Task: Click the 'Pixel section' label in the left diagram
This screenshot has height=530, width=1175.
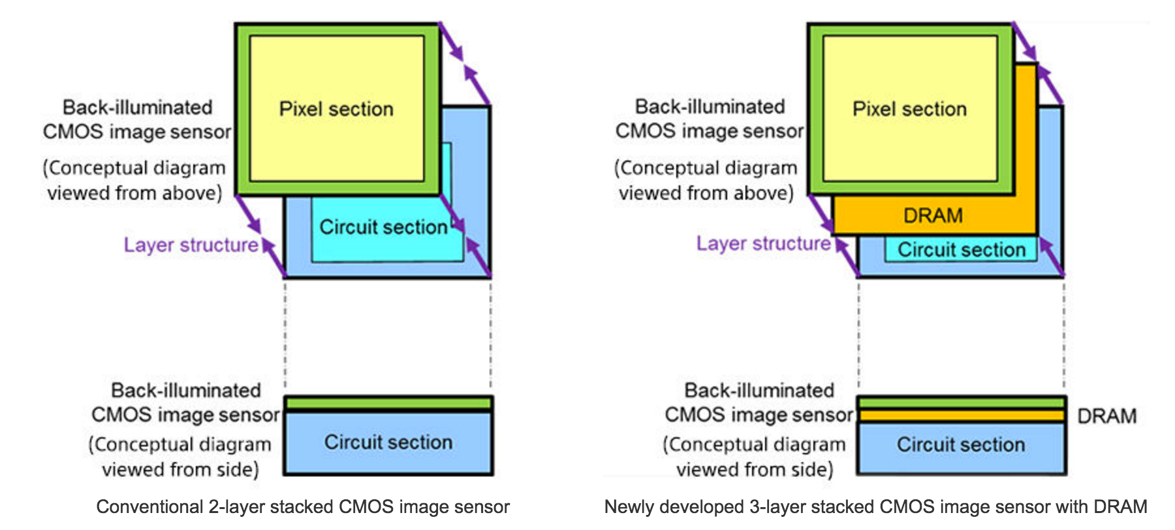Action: point(336,109)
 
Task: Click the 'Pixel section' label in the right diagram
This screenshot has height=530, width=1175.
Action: point(909,109)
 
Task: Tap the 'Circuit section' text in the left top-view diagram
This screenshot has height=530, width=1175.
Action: point(383,227)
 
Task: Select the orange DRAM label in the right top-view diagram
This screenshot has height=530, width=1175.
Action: point(933,215)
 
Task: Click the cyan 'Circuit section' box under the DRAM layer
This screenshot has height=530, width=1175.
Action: point(961,250)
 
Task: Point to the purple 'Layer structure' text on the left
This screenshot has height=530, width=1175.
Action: point(191,245)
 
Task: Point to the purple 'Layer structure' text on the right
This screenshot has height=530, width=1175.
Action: point(763,243)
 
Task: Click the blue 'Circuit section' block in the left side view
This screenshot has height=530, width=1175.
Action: point(388,443)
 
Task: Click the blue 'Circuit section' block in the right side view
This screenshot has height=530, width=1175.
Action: point(960,445)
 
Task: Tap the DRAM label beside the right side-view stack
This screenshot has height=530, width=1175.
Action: point(1106,416)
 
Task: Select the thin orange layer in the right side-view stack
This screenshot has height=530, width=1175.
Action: point(961,416)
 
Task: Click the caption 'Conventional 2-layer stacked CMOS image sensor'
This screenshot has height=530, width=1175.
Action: point(303,507)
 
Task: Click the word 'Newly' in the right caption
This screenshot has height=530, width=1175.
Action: point(629,507)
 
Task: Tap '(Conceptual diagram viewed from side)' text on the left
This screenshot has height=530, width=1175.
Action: point(180,457)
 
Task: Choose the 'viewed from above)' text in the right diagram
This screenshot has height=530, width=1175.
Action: point(706,193)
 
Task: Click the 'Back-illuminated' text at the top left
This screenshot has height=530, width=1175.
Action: point(137,107)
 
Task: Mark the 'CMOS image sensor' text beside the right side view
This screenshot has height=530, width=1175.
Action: point(759,415)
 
